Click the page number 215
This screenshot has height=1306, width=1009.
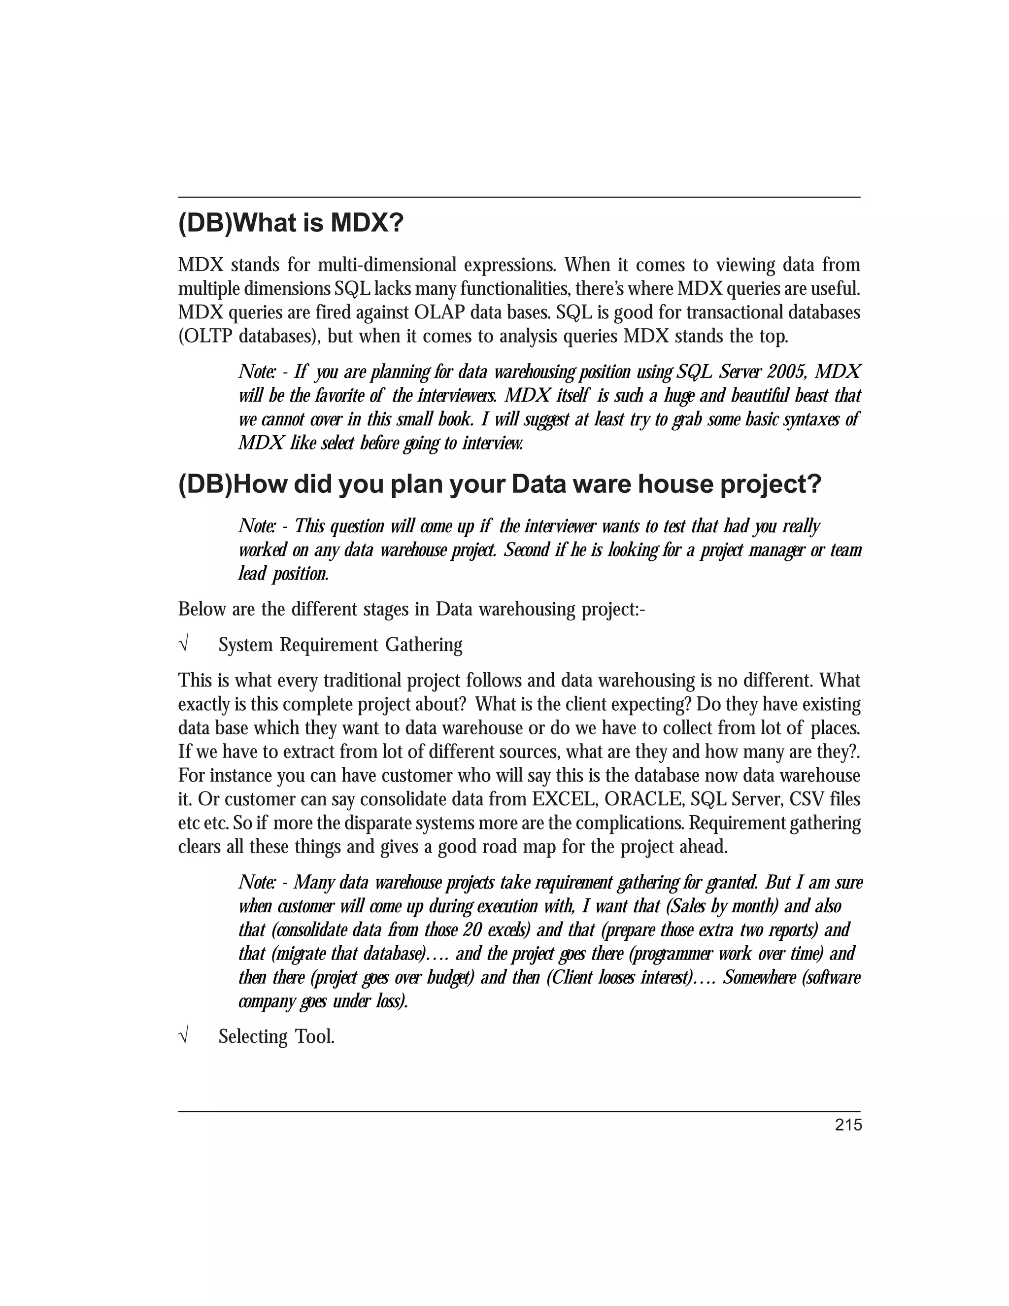point(848,1125)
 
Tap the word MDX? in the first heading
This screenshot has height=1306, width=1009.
point(367,224)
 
